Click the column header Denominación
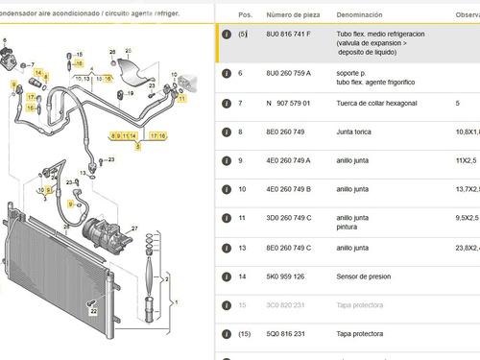pyautogui.click(x=362, y=15)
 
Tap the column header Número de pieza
pyautogui.click(x=293, y=15)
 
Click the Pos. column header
pyautogui.click(x=245, y=15)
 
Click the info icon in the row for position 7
pyautogui.click(x=225, y=103)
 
